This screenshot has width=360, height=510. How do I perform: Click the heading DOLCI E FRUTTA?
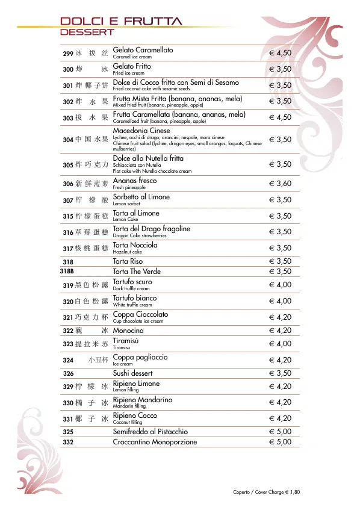coord(120,21)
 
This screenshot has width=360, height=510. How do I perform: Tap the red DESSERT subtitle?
coord(87,31)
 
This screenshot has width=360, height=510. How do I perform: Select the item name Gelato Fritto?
coord(132,66)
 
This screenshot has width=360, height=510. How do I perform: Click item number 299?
coord(68,54)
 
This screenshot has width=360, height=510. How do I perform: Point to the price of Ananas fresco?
coord(280,184)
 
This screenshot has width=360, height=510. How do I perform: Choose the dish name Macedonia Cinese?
coord(141,131)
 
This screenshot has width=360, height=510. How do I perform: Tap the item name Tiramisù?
coord(126,340)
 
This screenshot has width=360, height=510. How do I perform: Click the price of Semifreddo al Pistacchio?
coord(280,432)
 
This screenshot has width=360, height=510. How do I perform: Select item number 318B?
coord(67,272)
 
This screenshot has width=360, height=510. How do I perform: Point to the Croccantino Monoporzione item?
coord(155,442)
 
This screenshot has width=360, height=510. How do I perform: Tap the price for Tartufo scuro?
coord(280,285)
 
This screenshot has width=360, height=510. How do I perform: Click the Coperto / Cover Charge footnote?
coord(266,492)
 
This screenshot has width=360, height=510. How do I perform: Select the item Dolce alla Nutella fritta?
coord(148,158)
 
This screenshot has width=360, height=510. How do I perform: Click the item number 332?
coord(67,442)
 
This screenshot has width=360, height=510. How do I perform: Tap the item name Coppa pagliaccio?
coord(140,357)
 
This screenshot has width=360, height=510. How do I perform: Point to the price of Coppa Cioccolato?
coord(280,317)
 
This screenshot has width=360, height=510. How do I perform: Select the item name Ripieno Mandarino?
coord(142,400)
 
